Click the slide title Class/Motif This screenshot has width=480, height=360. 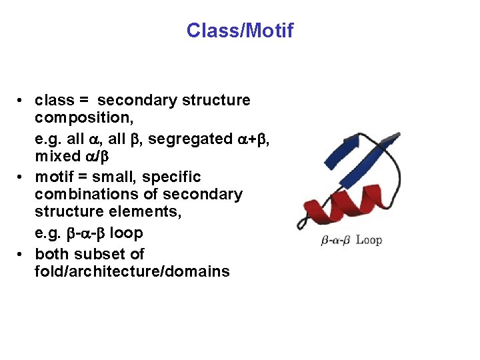coord(239,31)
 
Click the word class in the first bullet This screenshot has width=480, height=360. coord(54,101)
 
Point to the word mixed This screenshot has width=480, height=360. coord(57,157)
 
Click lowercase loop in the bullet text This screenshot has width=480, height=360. coord(126,233)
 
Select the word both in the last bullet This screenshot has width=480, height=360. coord(51,254)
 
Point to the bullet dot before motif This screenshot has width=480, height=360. coord(22,177)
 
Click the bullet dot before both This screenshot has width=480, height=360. coord(22,254)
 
